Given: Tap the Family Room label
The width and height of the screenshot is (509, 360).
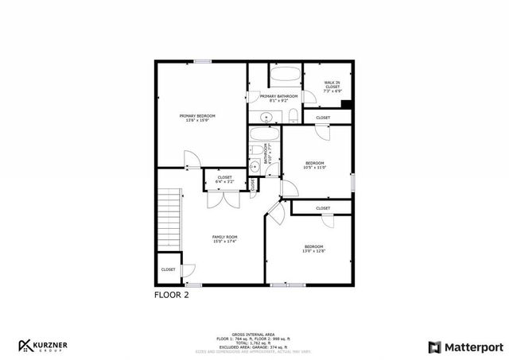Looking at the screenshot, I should coord(224,238).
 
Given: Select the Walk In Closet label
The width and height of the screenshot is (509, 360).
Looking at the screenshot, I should coord(332,86).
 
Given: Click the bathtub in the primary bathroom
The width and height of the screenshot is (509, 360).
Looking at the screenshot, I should coord(284,77).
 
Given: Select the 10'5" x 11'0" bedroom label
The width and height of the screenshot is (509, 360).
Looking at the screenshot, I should coord(315,165).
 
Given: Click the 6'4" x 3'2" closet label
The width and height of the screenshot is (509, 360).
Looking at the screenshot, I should coord(224,180).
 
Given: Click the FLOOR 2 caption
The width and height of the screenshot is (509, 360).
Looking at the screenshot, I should coord(171,294).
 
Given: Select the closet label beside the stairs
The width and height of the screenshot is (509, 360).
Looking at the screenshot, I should coord(168,269).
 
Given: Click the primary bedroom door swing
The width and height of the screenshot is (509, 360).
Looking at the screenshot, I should coord(191,160).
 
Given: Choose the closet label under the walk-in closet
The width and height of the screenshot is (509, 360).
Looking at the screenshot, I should coord(323,118).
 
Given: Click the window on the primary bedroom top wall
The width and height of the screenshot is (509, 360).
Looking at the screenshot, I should coord(203,61).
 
